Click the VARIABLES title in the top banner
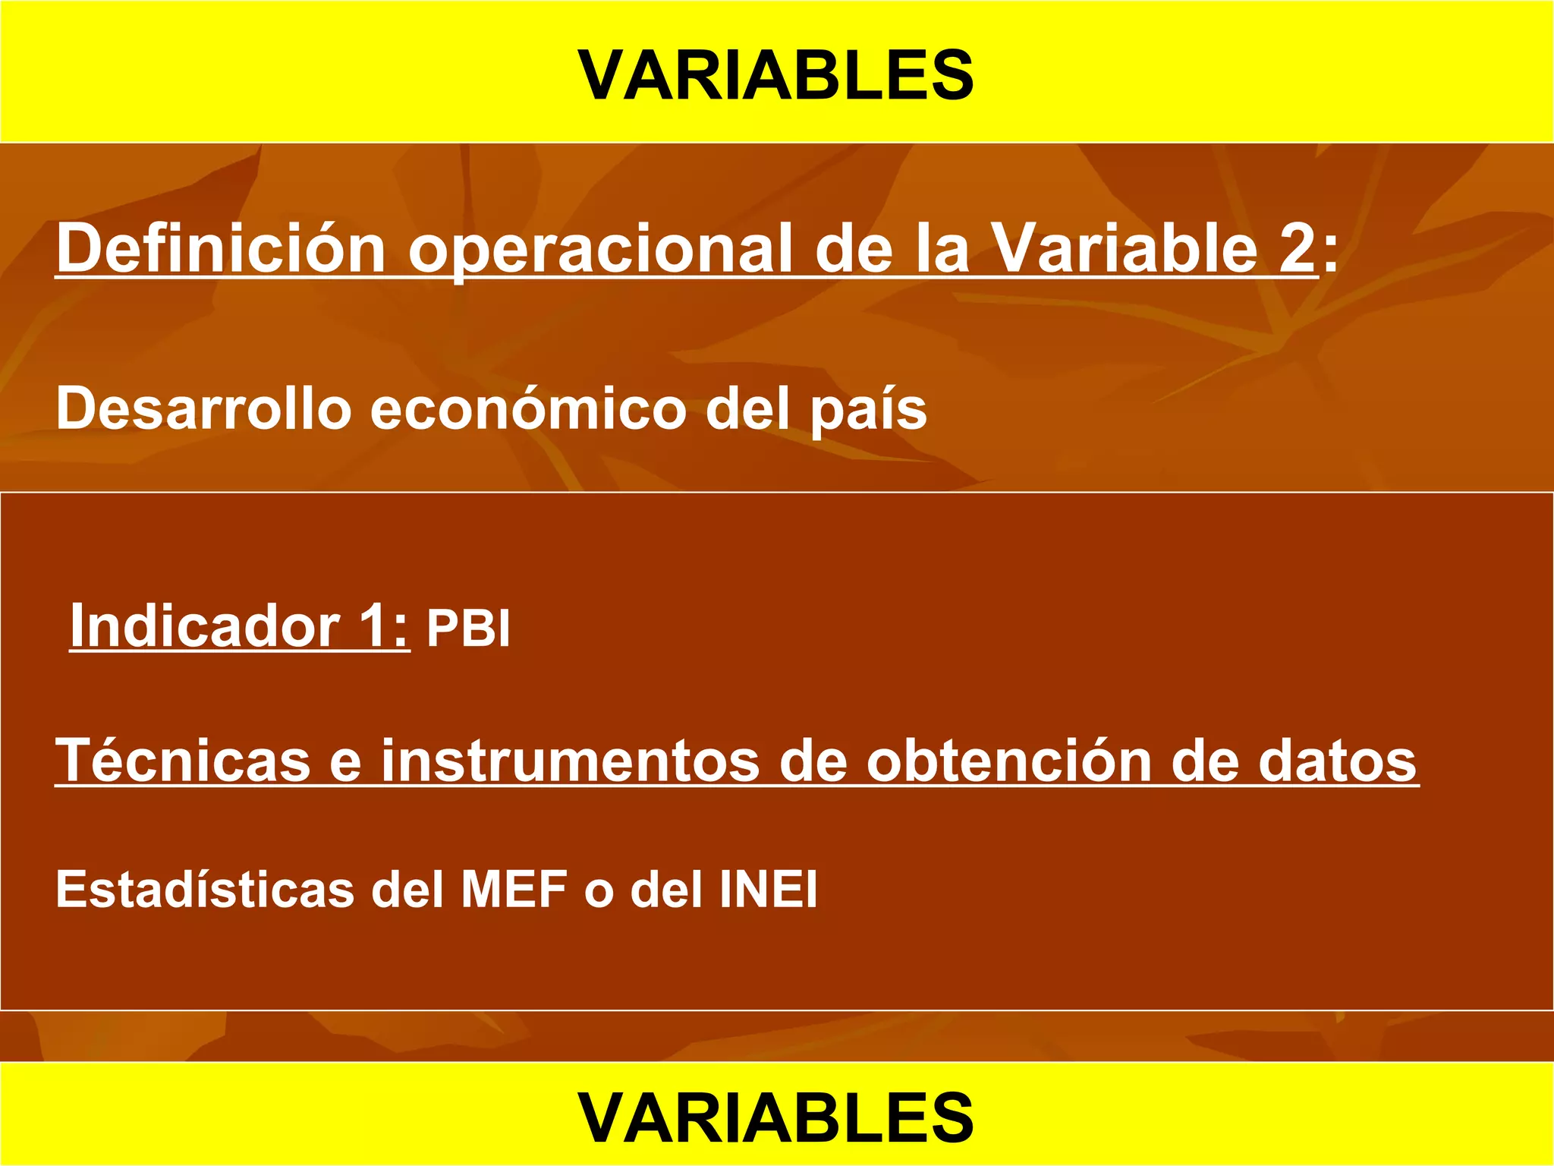coord(776,75)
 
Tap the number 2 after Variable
coord(1296,249)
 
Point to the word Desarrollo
coord(203,408)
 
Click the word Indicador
coord(205,626)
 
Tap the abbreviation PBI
coord(468,629)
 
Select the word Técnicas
coord(183,760)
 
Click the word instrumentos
coord(570,761)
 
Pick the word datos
coord(1337,761)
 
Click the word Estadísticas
coord(205,889)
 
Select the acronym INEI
coord(768,889)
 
